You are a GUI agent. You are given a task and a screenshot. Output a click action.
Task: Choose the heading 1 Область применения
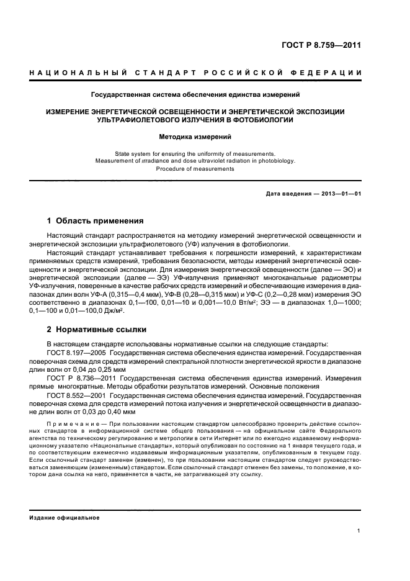pos(96,221)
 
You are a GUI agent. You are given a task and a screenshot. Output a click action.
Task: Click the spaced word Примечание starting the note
pos(67,423)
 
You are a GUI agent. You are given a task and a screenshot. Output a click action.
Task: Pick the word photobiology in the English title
pos(277,161)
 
